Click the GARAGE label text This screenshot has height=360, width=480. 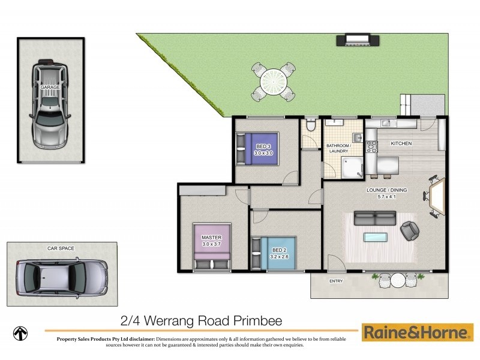click(x=50, y=88)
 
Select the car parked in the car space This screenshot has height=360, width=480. click(x=60, y=277)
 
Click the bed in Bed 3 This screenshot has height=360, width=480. click(x=259, y=148)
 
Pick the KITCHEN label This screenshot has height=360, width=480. click(x=401, y=144)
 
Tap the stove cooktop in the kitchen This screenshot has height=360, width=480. click(x=370, y=146)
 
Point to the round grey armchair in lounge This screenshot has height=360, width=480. click(x=411, y=229)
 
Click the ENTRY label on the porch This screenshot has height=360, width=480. click(x=336, y=281)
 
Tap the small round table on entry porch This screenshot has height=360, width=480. click(x=398, y=280)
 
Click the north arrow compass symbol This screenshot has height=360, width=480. click(x=22, y=332)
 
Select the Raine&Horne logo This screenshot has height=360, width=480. click(x=417, y=332)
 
